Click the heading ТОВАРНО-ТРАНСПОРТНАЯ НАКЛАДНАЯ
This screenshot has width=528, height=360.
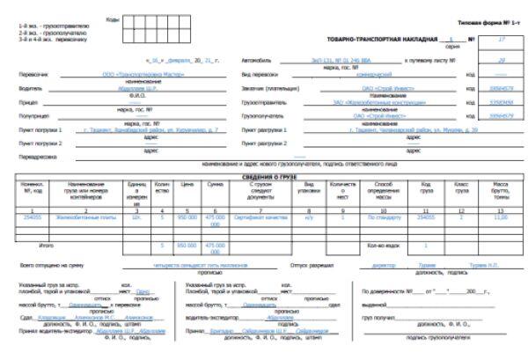click(x=379, y=40)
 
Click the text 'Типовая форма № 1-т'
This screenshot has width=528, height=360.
click(x=488, y=20)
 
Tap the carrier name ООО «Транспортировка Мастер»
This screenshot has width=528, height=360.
click(x=137, y=76)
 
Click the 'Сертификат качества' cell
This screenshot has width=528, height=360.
click(x=263, y=216)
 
